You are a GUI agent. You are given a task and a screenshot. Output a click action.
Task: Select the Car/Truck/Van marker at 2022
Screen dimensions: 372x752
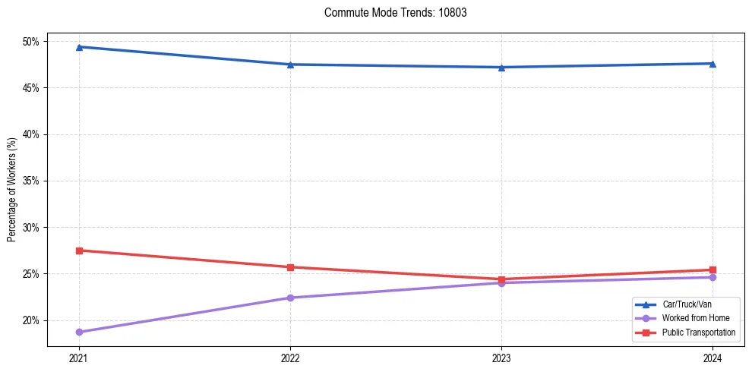[290, 65]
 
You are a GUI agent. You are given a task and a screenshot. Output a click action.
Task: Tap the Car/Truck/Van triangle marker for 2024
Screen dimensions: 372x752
[713, 64]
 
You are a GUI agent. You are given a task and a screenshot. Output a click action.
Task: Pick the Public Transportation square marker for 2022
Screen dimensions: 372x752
[290, 267]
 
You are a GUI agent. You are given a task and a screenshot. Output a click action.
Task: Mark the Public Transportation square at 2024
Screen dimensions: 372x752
[713, 270]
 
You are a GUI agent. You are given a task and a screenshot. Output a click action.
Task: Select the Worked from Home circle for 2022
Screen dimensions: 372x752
[290, 298]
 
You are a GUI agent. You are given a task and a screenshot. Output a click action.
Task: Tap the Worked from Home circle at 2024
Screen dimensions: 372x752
[713, 277]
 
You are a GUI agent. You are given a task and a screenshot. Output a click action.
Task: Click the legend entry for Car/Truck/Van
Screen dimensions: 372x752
[684, 304]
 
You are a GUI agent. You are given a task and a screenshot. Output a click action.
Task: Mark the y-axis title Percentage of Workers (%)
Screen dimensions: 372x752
[12, 190]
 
